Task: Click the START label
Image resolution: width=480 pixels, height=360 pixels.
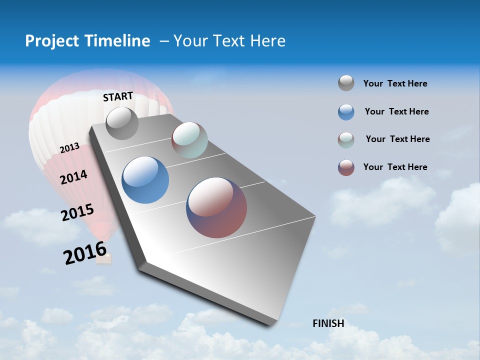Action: coord(118,96)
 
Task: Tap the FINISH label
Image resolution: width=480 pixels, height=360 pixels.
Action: coord(328,323)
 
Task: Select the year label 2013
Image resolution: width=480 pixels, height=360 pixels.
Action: coord(69,148)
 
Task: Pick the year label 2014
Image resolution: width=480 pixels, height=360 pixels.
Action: coord(74,177)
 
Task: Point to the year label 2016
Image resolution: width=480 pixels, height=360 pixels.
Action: coord(85,253)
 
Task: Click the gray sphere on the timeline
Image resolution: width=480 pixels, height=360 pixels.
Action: coord(122,123)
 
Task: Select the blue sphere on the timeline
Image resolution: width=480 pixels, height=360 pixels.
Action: coord(145,180)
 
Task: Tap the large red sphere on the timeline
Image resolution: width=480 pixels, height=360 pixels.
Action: coord(216,207)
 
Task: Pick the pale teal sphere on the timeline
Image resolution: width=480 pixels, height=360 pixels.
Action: coord(189,140)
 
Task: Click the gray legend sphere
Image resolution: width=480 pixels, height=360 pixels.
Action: coord(346,83)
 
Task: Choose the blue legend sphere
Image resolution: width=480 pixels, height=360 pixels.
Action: coord(346,112)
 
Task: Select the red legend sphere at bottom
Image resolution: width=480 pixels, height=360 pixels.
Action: coord(346,167)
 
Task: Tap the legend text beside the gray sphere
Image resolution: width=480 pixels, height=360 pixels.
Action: coord(395,84)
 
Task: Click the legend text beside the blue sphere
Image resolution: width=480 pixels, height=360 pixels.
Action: coord(396,111)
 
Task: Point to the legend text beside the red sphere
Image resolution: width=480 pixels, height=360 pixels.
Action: coord(395,167)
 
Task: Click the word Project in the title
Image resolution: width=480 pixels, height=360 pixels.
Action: coord(51,41)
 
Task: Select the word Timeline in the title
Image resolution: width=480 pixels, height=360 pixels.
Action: coord(119,41)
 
